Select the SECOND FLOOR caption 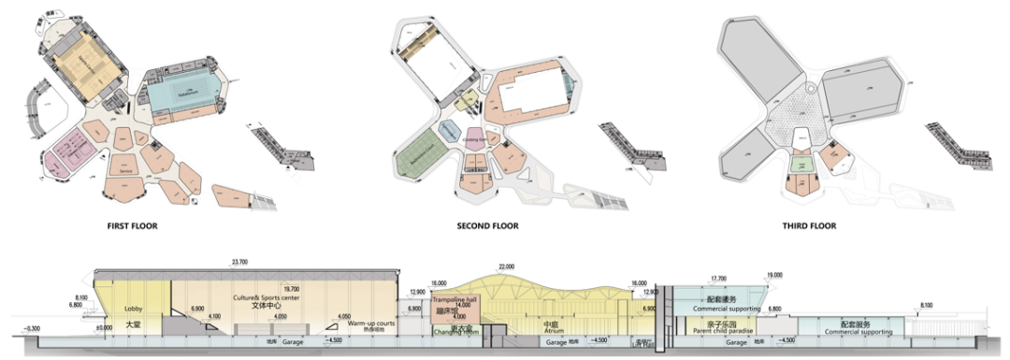point(486,225)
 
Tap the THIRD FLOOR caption point(810,225)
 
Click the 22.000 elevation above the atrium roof point(508,267)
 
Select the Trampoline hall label point(454,299)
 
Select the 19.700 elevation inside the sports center point(266,289)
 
